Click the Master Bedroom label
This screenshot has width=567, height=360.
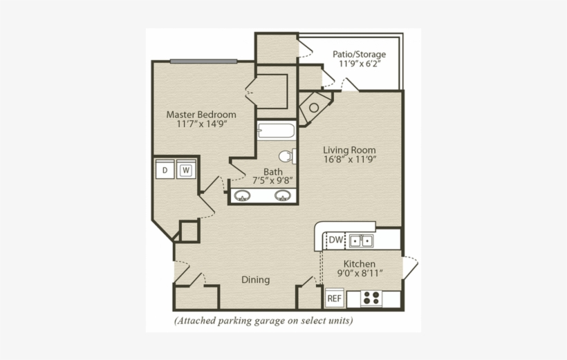[201, 114]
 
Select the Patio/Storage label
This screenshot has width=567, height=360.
[359, 54]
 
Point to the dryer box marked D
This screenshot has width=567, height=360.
[165, 170]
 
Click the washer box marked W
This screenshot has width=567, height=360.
[185, 170]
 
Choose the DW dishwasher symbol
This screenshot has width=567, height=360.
[335, 240]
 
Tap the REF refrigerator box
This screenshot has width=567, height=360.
[334, 299]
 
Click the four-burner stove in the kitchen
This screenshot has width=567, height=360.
[371, 299]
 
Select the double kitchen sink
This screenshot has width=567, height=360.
[361, 240]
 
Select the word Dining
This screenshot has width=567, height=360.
[255, 280]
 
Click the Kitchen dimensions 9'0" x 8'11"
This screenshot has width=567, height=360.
[359, 274]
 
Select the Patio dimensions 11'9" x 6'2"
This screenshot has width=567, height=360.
[359, 64]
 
